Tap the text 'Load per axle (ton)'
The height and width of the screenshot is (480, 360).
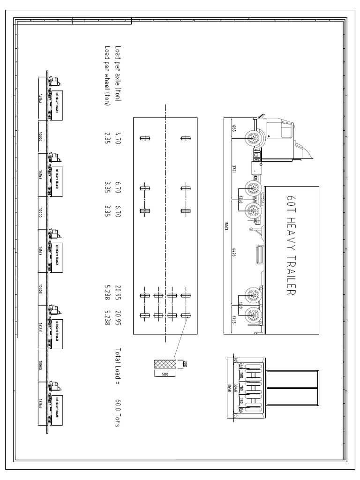tap(118, 74)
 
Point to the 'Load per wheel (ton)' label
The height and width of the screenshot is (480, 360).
tap(108, 75)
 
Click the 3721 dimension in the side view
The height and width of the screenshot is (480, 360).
tap(234, 168)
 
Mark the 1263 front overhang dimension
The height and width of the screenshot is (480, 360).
tap(234, 127)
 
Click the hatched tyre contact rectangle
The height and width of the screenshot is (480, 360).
tap(164, 364)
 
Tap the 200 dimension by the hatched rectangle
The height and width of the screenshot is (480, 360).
tap(185, 364)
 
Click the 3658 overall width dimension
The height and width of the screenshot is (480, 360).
tap(229, 387)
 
